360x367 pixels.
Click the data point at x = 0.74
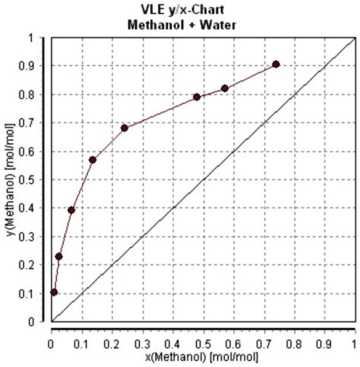[276, 65]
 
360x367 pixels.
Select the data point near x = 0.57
[225, 89]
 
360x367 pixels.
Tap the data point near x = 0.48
[197, 97]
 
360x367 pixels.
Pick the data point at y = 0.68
[124, 128]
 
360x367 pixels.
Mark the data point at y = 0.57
[93, 160]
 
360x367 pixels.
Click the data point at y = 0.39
[71, 210]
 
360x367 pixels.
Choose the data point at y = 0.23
[58, 256]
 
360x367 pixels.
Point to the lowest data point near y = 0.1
[54, 292]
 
